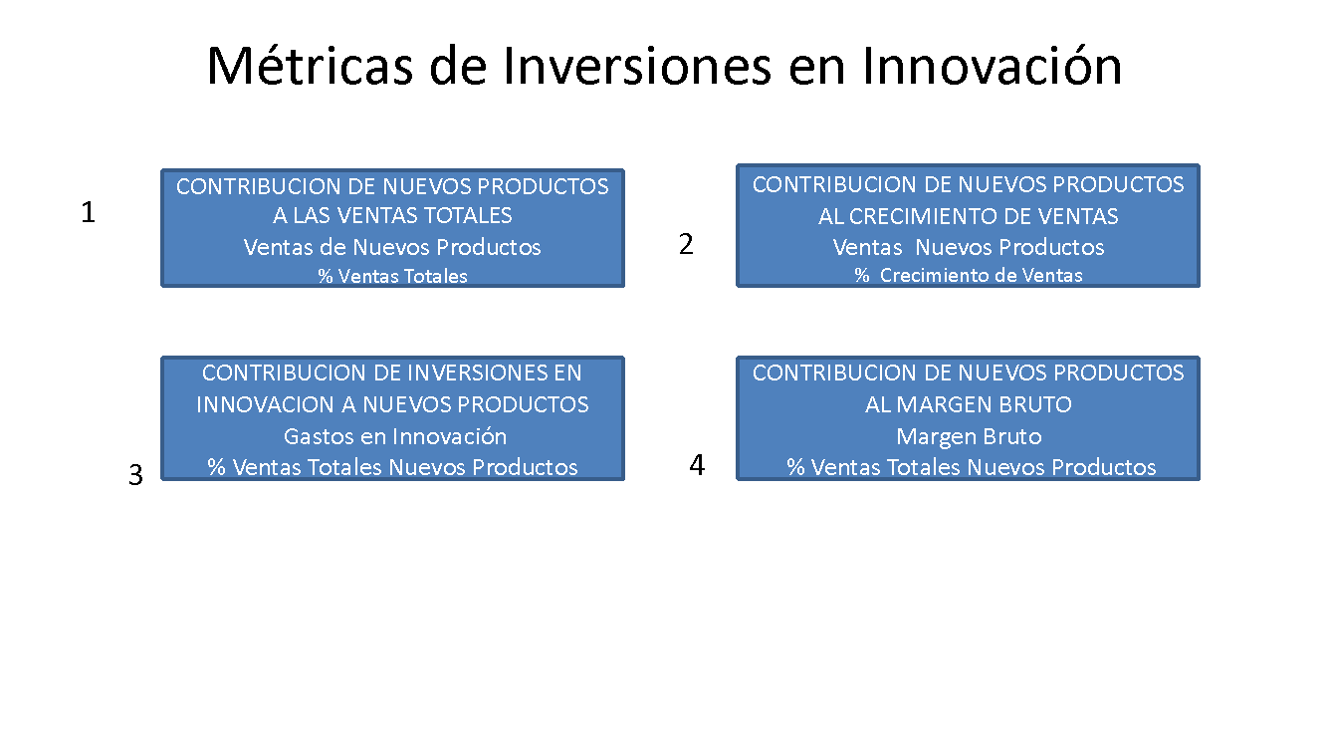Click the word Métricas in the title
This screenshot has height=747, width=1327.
(310, 66)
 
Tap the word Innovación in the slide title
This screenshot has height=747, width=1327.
(992, 66)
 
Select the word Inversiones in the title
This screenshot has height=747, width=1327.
(637, 66)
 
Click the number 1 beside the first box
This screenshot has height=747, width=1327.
(88, 212)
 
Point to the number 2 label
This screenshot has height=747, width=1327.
(686, 244)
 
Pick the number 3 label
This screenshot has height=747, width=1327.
(135, 474)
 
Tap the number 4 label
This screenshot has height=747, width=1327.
(697, 464)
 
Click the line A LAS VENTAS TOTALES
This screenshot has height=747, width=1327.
(392, 216)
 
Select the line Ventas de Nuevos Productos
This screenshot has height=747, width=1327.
(392, 247)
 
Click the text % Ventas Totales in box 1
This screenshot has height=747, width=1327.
(392, 276)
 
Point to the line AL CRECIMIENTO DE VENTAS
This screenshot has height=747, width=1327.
(968, 216)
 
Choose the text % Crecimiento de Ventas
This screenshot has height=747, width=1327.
(968, 275)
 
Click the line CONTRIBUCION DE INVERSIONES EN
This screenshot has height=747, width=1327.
(392, 373)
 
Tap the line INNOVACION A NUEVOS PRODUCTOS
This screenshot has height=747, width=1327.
(392, 404)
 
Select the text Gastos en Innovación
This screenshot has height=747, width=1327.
(395, 436)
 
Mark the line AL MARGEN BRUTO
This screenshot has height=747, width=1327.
(968, 404)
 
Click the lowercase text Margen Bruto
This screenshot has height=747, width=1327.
(969, 437)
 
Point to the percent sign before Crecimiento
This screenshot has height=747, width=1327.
(861, 275)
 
